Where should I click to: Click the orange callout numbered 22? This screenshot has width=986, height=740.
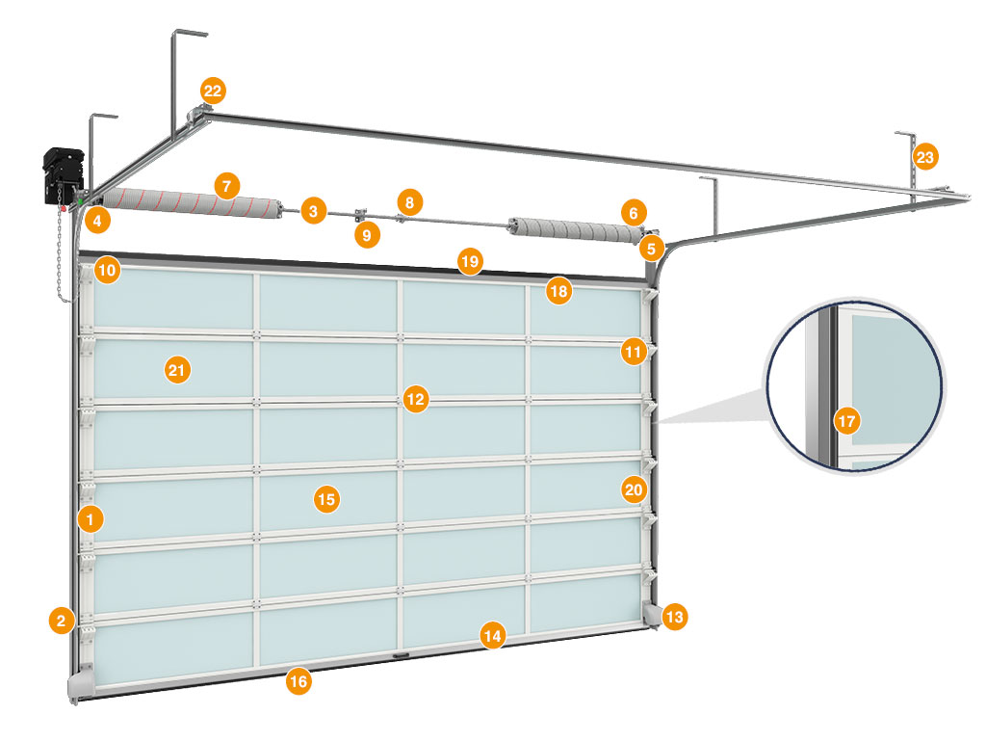pos(213,92)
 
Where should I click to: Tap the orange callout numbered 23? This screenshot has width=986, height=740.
pos(925,156)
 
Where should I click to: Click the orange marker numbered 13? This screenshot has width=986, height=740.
pos(675,616)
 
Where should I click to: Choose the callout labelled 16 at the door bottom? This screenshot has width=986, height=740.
pos(298,681)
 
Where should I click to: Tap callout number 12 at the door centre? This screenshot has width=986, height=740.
pos(415,398)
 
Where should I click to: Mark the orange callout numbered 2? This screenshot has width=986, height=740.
pos(62,621)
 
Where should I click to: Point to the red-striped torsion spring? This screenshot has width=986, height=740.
pos(193,201)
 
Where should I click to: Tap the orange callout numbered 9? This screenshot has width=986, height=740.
pos(364,233)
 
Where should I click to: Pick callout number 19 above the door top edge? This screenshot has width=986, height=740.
pos(469,261)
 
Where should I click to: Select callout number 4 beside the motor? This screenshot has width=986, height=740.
pos(95,221)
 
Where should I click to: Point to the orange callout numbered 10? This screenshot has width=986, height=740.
pos(107,270)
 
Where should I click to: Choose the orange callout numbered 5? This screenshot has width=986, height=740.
pos(651,248)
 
